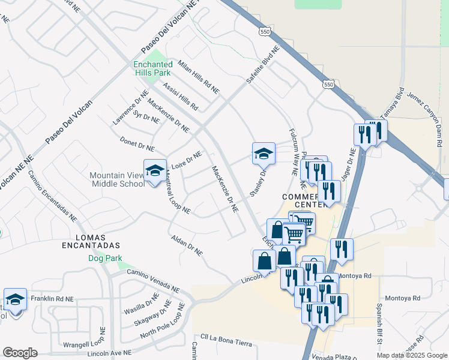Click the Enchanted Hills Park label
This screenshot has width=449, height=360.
point(152,68)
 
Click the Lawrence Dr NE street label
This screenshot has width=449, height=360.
point(130,107)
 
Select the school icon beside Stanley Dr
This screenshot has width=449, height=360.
point(263,153)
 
